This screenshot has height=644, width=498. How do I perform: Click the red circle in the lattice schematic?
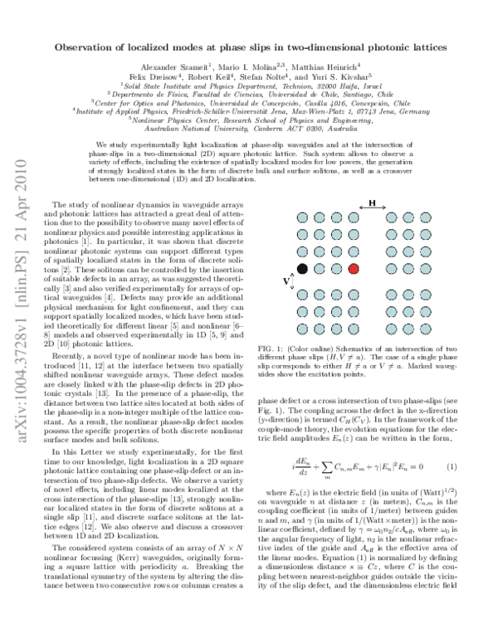point(354,269)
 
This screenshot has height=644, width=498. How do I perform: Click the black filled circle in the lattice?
point(303,269)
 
